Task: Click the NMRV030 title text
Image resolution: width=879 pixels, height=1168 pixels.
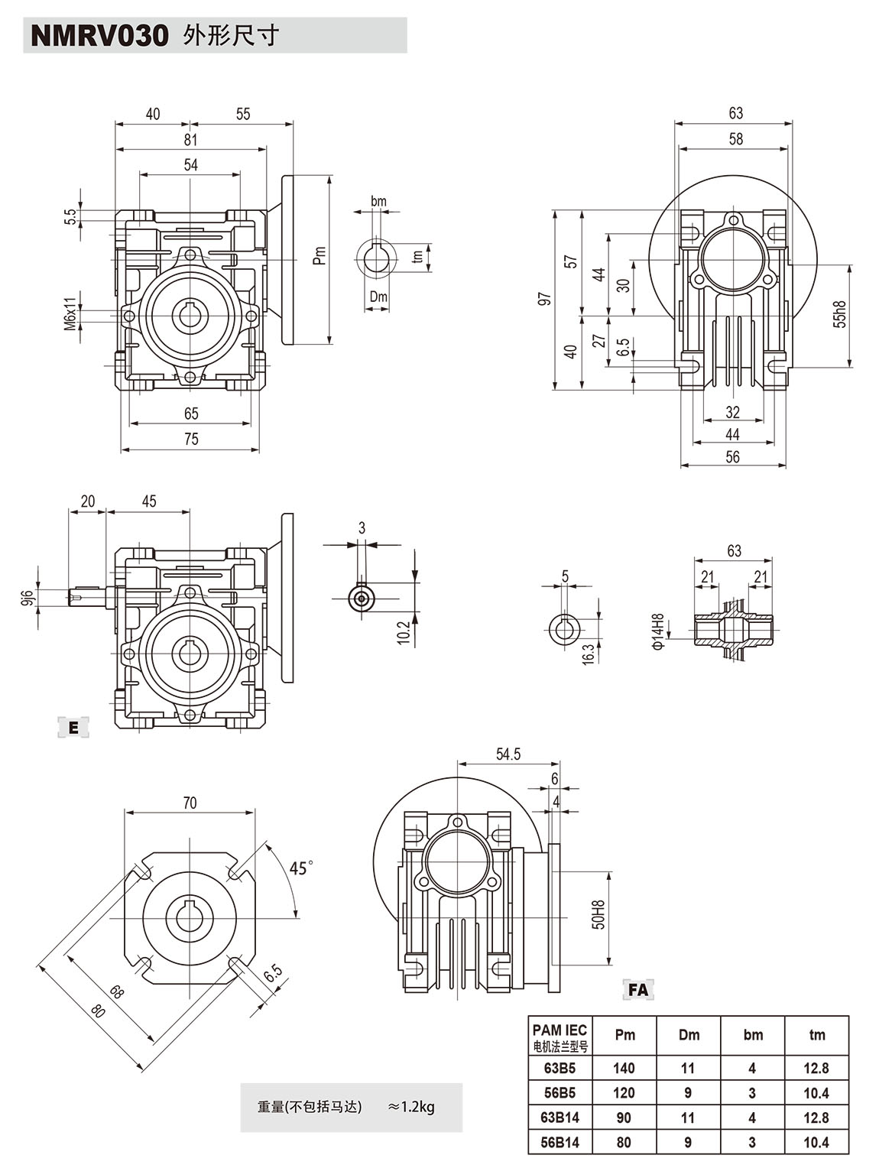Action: [x=99, y=36]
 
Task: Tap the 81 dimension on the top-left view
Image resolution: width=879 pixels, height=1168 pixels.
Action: [x=190, y=140]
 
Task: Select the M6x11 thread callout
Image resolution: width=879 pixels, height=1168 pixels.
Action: [x=70, y=313]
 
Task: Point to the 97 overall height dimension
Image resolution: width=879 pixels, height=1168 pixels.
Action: [x=544, y=299]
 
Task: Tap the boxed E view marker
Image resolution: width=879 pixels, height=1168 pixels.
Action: [x=73, y=728]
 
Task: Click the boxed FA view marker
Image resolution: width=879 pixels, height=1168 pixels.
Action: [x=637, y=990]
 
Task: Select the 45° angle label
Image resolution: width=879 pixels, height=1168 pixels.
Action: [x=301, y=868]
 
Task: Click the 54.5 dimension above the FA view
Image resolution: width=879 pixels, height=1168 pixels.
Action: [x=508, y=754]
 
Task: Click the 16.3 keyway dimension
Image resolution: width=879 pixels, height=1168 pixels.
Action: [x=588, y=654]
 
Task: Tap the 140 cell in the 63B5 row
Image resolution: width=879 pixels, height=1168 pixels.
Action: [x=624, y=1068]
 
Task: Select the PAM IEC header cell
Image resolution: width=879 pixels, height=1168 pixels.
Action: [x=560, y=1037]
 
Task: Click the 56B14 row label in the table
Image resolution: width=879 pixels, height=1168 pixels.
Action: [x=560, y=1142]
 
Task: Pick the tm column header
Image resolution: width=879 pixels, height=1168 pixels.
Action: [x=816, y=1035]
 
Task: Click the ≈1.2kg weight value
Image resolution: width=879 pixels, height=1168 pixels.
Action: [x=411, y=1106]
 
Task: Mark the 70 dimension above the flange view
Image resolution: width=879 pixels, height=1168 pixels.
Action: [x=190, y=803]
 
